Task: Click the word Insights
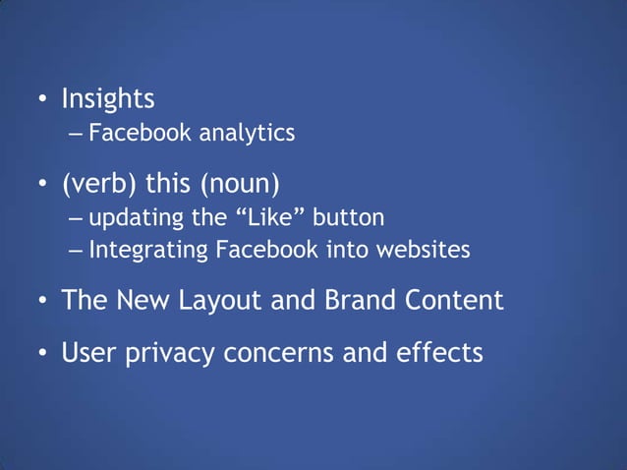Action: coord(108,99)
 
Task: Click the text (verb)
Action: coord(99,184)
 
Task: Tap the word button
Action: coord(348,215)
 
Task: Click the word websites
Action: coord(427,250)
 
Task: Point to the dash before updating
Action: coord(77,216)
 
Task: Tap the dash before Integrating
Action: coord(77,250)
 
